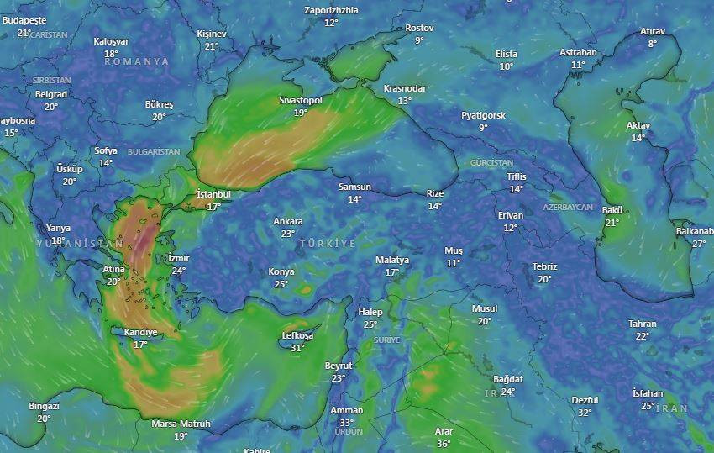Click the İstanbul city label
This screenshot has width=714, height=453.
[x=213, y=194]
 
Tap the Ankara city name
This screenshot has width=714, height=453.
[x=288, y=222]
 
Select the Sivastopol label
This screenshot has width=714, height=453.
[x=301, y=101]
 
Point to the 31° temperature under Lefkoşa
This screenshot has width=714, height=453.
[x=297, y=348]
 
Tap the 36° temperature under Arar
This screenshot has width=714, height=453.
[x=444, y=443]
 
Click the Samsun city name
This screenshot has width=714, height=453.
[x=354, y=187]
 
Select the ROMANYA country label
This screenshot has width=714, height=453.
[x=137, y=61]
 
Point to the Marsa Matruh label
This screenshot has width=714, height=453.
[x=181, y=424]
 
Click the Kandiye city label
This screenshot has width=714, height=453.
[x=140, y=333]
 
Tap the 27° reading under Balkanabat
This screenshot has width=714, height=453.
[x=699, y=244]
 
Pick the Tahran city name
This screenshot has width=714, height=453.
[x=643, y=324]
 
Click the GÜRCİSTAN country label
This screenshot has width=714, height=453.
[x=491, y=162]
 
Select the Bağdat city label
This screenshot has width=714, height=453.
[x=508, y=380]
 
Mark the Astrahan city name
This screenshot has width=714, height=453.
[x=578, y=53]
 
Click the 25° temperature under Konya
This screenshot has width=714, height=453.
[x=281, y=284]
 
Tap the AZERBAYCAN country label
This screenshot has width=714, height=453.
[x=568, y=207]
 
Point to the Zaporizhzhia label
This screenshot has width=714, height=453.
[x=331, y=11]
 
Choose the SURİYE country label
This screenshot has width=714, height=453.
[x=386, y=340]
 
